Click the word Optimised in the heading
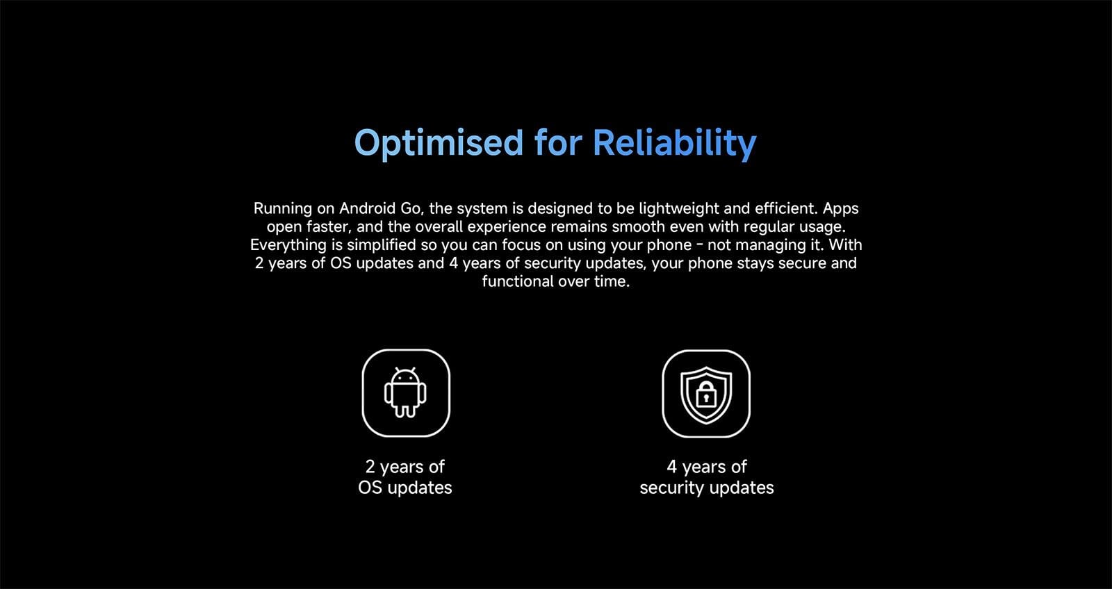[x=439, y=144]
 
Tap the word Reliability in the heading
[x=675, y=143]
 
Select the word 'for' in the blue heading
[x=558, y=142]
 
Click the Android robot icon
[x=405, y=392]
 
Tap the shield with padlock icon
[x=706, y=394]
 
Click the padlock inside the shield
[x=706, y=395]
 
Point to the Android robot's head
[x=405, y=376]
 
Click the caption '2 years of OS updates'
[x=405, y=477]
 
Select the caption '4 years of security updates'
[x=706, y=477]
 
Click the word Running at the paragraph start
[x=283, y=208]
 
